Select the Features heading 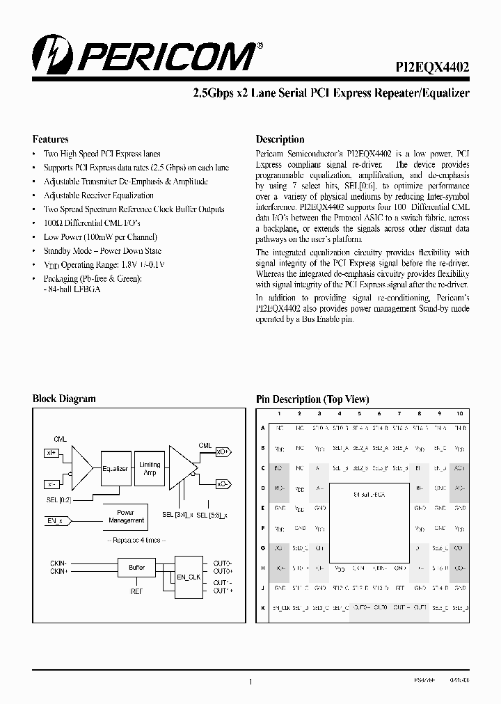click(x=51, y=139)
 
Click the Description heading click(x=280, y=139)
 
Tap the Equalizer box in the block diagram click(x=116, y=469)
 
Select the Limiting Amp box click(x=150, y=468)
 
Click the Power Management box click(x=125, y=516)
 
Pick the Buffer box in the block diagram click(x=136, y=568)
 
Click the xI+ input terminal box click(x=51, y=453)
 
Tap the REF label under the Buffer click(x=136, y=593)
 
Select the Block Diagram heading click(x=64, y=399)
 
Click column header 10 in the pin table click(x=459, y=414)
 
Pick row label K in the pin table click(x=262, y=607)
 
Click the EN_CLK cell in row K click(x=279, y=607)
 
